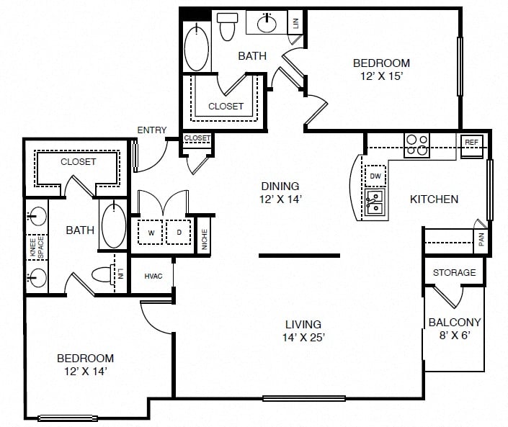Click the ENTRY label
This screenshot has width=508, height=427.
[x=151, y=130]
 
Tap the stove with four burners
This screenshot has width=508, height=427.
[x=417, y=145]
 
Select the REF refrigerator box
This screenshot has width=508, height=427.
[x=471, y=146]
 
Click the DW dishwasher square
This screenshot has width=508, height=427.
[x=375, y=176]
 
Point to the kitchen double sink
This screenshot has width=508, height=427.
[x=375, y=202]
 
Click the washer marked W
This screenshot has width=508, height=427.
[x=151, y=232]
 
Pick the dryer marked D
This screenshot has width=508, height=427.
[x=179, y=232]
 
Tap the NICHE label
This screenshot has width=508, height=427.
[x=205, y=239]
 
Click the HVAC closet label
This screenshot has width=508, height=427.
[x=153, y=276]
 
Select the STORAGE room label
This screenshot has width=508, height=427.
[x=454, y=273]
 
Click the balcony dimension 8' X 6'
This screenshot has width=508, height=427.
[x=455, y=335]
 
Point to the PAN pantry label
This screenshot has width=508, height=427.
[x=481, y=240]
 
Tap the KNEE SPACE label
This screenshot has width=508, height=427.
[x=37, y=248]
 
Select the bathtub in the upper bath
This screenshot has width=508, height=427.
[x=196, y=48]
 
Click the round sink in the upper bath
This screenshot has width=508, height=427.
[x=267, y=23]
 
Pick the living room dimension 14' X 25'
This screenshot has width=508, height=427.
[x=303, y=337]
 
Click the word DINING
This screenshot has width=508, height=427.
[x=280, y=186]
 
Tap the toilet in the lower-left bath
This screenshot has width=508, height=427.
[x=103, y=274]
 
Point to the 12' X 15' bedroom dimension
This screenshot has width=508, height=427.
[x=382, y=76]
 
